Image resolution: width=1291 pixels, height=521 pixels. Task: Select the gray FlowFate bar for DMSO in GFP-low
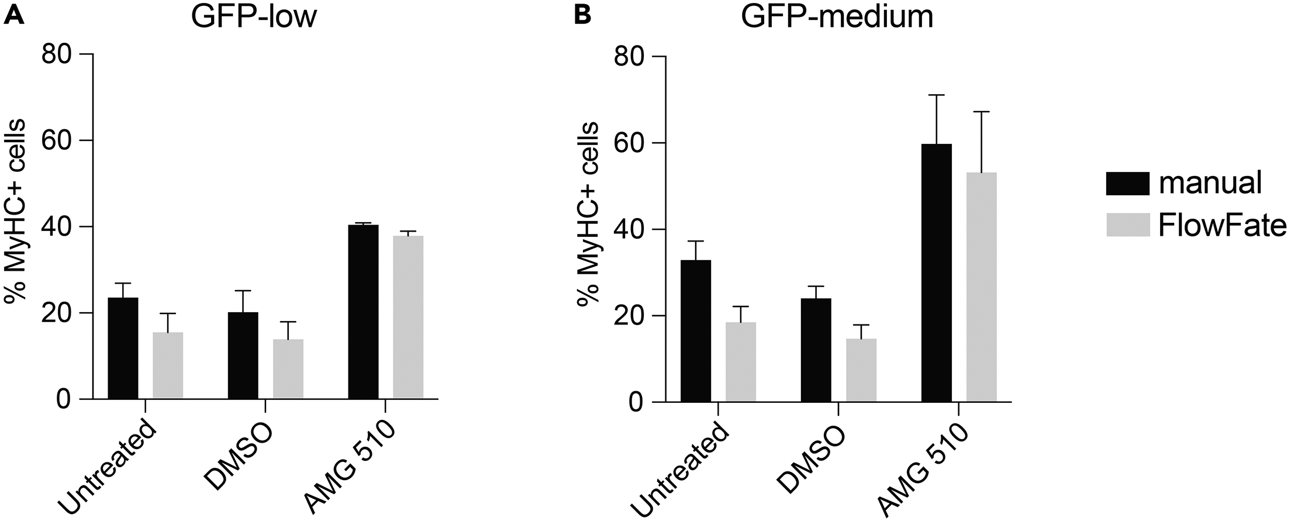288,369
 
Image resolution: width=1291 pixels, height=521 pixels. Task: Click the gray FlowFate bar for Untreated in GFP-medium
741,362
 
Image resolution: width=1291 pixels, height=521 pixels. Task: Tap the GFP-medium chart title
837,18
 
